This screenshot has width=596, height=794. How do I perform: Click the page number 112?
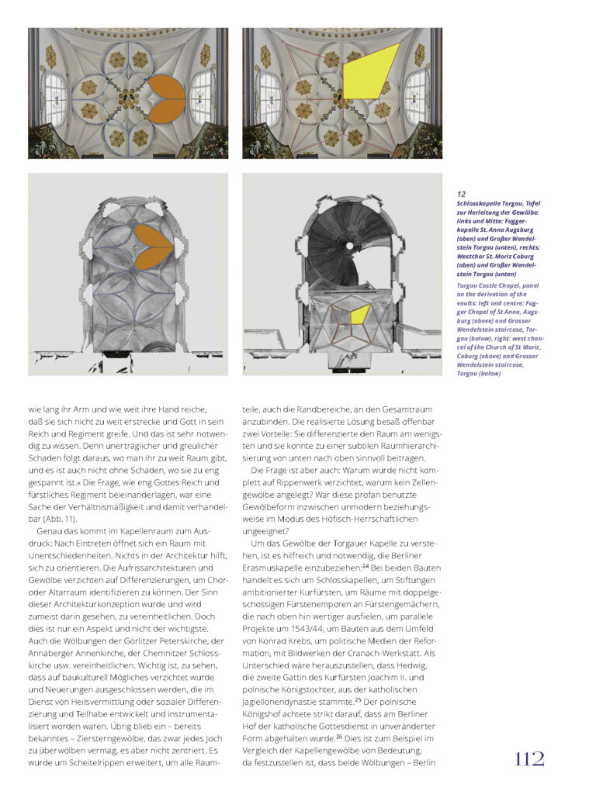click(529, 759)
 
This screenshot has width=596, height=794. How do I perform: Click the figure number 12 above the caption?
click(461, 194)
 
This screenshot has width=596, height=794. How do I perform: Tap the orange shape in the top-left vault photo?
click(166, 98)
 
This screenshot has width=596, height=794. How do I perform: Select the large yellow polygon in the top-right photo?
click(371, 71)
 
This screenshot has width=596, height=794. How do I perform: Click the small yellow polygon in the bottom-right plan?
click(361, 315)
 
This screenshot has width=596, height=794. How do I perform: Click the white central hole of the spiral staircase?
click(349, 246)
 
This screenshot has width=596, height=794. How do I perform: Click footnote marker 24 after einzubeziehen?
click(366, 565)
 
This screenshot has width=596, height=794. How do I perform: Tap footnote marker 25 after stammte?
click(358, 700)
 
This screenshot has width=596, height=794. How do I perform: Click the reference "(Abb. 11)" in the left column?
click(60, 519)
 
